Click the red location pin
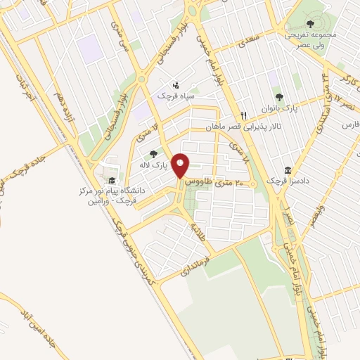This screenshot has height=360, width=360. click(181, 165)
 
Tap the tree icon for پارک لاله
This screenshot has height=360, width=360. click(154, 154)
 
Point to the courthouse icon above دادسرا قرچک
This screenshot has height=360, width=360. click(288, 170)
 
